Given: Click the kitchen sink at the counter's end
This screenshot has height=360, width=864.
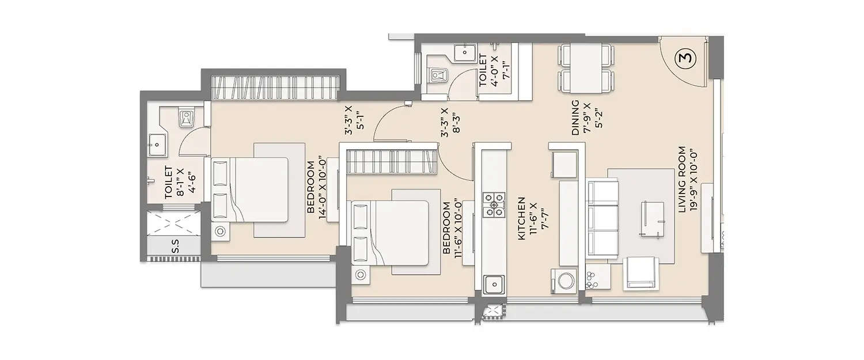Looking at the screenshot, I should click(x=494, y=284).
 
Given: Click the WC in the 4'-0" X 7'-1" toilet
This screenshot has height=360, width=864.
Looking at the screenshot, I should click(x=439, y=75).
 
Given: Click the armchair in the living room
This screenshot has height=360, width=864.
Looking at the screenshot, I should click(x=641, y=273).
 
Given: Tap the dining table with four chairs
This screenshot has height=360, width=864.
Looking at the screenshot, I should click(x=584, y=68).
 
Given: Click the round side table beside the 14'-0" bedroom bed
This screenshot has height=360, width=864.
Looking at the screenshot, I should click(x=221, y=232).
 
